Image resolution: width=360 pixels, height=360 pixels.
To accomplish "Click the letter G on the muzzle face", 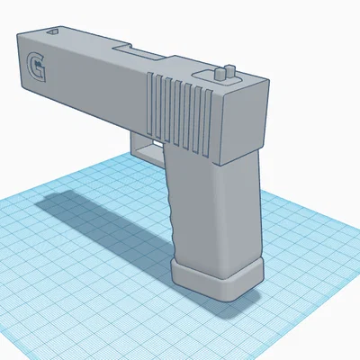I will click(37, 68).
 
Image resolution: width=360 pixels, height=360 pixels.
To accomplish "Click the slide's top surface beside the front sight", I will click(81, 38).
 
